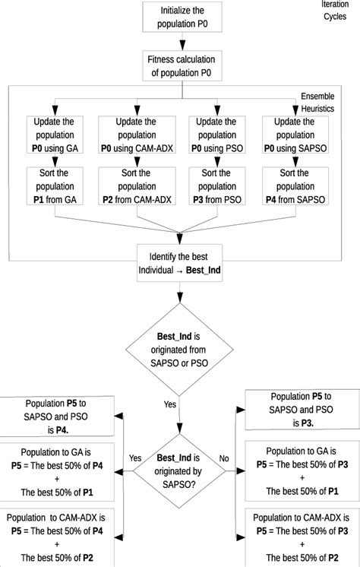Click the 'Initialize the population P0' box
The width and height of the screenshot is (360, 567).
[182, 17]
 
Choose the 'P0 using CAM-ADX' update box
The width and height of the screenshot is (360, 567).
[135, 134]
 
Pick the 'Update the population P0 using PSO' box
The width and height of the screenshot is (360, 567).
[218, 134]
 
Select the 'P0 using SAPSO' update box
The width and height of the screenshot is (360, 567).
[298, 134]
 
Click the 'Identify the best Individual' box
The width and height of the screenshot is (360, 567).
[179, 263]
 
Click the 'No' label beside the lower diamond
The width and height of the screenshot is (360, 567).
[224, 458]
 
